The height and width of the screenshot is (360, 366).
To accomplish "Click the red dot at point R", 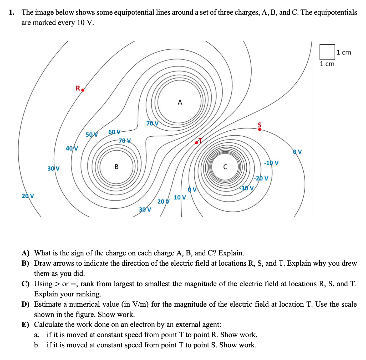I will coord(83,90).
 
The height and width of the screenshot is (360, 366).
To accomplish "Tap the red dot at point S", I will coord(260,129).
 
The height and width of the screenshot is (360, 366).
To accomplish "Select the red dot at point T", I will coord(196,143).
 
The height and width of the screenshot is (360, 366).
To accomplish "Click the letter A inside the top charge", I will coord(180,102).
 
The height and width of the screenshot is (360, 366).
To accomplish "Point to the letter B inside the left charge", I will coord(116,167).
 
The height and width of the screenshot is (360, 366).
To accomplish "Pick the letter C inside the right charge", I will coord(225,167).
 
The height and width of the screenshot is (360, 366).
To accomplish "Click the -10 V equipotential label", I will coord(271,163).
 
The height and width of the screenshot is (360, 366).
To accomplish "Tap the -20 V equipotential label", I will coord(261,178).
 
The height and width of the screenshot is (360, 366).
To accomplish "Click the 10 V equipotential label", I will coord(180,197).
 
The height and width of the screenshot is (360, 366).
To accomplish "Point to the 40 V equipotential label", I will coord(72,148).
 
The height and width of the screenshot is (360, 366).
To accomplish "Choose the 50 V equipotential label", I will coord(92,135).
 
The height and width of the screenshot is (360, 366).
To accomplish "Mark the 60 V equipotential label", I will coord(114,132).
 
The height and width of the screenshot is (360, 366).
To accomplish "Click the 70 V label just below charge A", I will coord(152,123).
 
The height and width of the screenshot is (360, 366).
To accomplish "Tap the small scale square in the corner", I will coord(327,52).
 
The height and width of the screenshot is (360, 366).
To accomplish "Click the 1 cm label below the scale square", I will coord(327,64).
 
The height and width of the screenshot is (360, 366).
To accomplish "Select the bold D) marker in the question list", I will coord(26,304).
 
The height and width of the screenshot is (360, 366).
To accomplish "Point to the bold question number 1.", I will coord(11,12).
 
